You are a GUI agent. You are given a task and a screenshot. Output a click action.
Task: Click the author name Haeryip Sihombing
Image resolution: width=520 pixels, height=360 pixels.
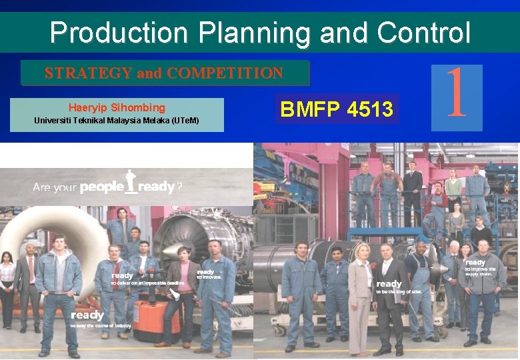click(x=117, y=107)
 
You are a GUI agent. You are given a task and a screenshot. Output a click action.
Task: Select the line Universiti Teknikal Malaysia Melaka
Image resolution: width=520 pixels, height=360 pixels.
click(x=117, y=121)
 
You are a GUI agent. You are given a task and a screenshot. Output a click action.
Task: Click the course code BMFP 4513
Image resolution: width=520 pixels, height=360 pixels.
click(x=337, y=109)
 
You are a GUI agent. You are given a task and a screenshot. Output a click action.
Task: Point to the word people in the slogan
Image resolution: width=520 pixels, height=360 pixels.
click(x=101, y=187)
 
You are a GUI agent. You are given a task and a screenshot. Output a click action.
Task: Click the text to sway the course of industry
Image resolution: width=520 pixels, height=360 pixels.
click(x=100, y=325)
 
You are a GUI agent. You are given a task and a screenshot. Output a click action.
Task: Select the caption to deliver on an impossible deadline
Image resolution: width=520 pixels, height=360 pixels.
click(x=147, y=283)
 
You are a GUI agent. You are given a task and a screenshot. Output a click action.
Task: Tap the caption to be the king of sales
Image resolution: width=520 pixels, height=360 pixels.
click(x=399, y=291)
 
